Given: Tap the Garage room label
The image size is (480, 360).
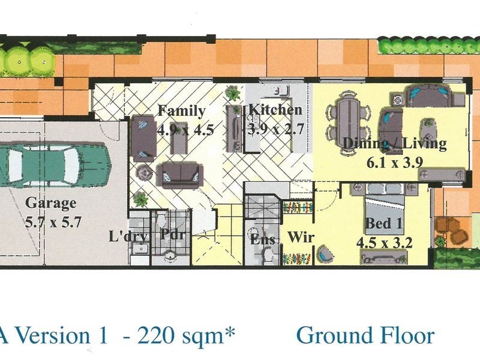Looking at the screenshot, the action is (x=50, y=203).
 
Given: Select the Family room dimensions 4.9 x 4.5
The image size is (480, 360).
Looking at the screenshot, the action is (x=185, y=130).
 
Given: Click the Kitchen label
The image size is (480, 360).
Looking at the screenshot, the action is (x=275, y=110).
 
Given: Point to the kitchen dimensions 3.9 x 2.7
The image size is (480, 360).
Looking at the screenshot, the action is (x=275, y=129).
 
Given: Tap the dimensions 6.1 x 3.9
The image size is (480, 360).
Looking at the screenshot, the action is (x=395, y=163).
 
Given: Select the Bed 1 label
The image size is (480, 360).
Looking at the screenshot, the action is (x=384, y=223).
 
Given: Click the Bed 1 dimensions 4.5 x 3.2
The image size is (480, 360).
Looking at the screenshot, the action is (x=385, y=243).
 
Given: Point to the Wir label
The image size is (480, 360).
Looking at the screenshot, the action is (x=301, y=237).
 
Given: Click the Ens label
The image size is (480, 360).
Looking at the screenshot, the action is (x=262, y=239).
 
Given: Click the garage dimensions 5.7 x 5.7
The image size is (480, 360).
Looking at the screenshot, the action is (x=53, y=222).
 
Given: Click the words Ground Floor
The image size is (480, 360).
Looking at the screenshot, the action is (x=365, y=336).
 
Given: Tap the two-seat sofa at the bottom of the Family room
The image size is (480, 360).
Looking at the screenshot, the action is (x=179, y=176).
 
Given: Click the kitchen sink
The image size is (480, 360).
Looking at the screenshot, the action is (x=282, y=91).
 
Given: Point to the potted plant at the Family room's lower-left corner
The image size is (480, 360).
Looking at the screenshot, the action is (x=140, y=199).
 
